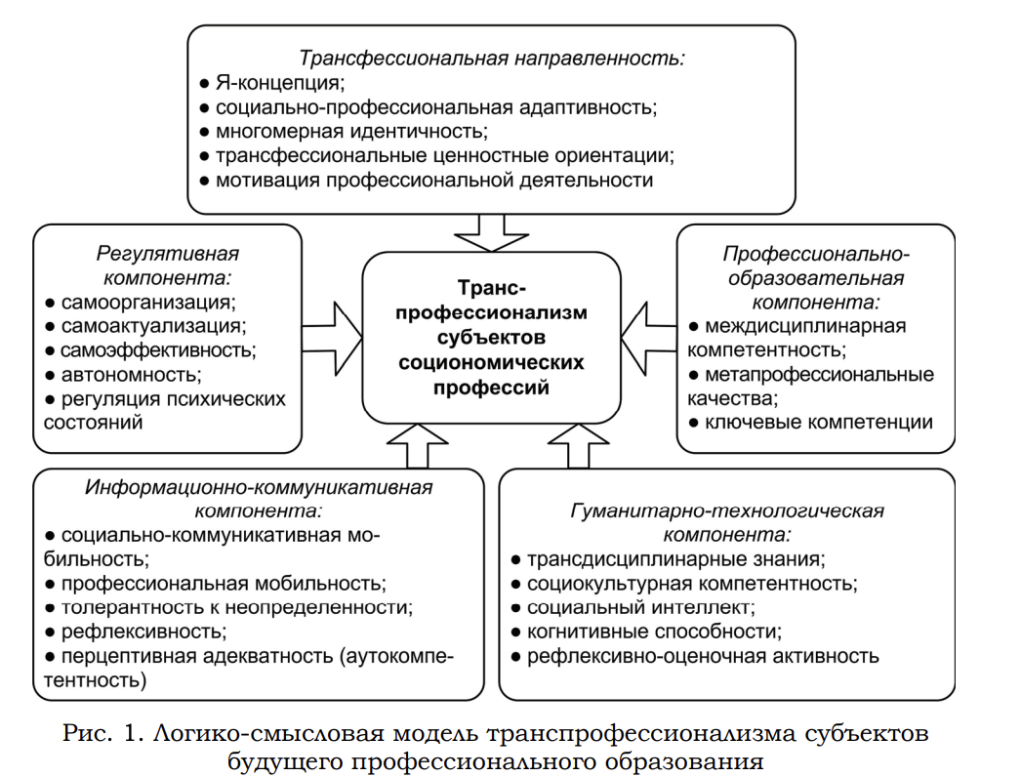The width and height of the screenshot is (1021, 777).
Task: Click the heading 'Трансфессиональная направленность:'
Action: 492,57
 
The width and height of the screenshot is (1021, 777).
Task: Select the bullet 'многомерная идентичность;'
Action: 349,131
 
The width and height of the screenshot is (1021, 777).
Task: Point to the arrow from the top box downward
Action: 491,230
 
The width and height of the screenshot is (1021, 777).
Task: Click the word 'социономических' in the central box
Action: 491,362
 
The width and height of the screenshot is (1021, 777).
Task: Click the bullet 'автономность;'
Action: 131,374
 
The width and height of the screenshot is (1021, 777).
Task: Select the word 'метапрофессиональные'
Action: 818,375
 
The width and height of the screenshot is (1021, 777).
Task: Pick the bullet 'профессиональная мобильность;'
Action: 222,583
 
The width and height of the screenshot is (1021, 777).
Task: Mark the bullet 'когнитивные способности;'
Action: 653,632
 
